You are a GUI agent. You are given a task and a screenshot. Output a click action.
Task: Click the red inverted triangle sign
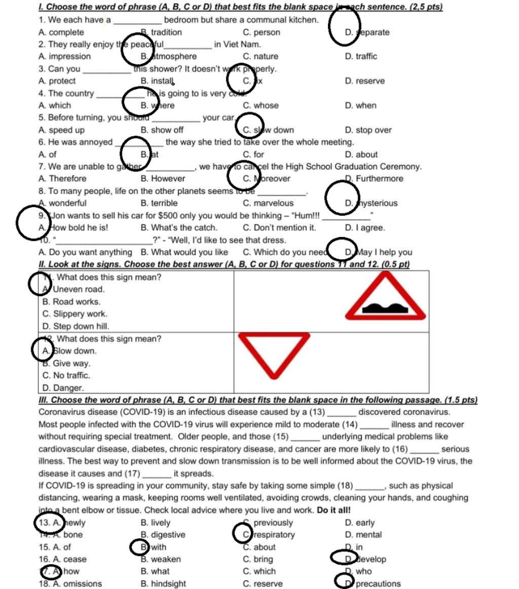[x=274, y=354]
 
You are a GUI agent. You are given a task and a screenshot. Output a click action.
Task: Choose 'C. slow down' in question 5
[x=268, y=130]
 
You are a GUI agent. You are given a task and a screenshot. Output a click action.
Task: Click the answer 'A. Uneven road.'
[x=73, y=290]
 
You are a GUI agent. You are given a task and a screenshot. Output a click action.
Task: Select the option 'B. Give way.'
[x=66, y=364]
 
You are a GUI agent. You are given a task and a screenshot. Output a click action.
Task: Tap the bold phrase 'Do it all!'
[x=333, y=510]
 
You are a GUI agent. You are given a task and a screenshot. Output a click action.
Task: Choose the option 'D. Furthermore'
[x=374, y=179]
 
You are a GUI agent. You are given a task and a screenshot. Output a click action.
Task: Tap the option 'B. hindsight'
[x=163, y=584]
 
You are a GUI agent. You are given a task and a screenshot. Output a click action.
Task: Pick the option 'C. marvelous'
[x=268, y=204]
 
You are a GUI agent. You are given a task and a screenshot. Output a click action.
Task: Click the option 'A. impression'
[x=64, y=57]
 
